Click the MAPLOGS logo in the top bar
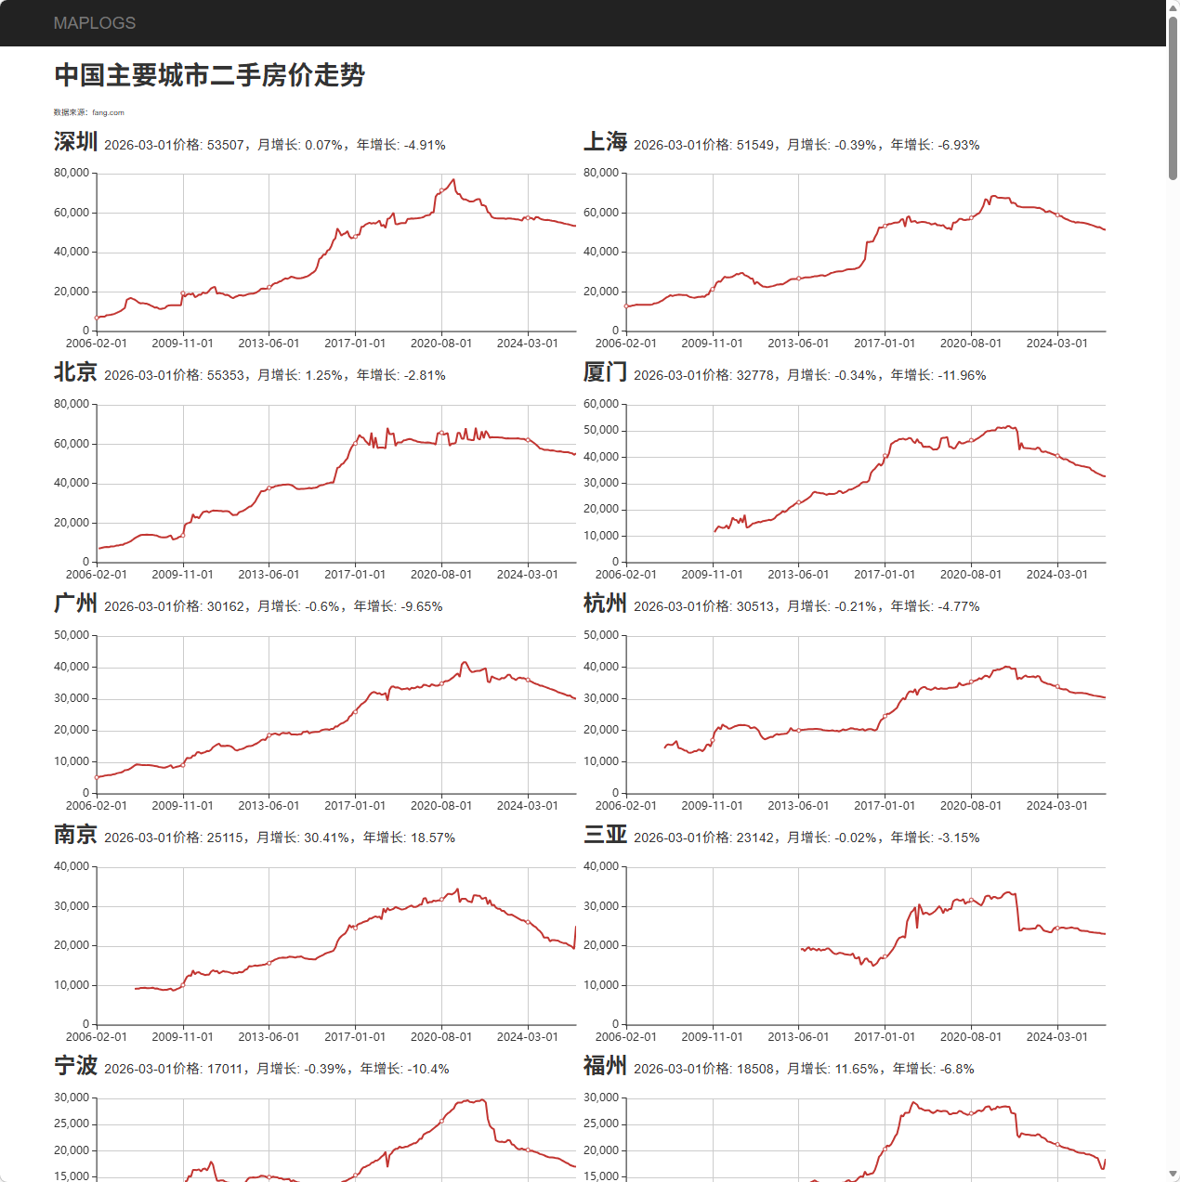pyautogui.click(x=94, y=23)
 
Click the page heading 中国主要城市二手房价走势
pyautogui.click(x=209, y=75)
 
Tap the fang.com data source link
pyautogui.click(x=108, y=112)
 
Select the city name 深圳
pyautogui.click(x=75, y=142)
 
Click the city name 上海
pyautogui.click(x=605, y=142)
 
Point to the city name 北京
pyautogui.click(x=75, y=372)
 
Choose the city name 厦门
pyautogui.click(x=605, y=372)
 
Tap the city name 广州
pyautogui.click(x=75, y=604)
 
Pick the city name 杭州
pyautogui.click(x=605, y=604)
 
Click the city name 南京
pyautogui.click(x=75, y=835)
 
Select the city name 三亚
pyautogui.click(x=605, y=835)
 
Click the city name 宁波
pyautogui.click(x=75, y=1066)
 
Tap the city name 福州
pyautogui.click(x=605, y=1066)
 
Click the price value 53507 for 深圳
pyautogui.click(x=226, y=145)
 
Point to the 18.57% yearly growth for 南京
pyautogui.click(x=433, y=838)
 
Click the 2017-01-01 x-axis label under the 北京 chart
pyautogui.click(x=355, y=575)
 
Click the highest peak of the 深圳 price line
pyautogui.click(x=453, y=179)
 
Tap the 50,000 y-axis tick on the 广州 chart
pyautogui.click(x=71, y=635)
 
